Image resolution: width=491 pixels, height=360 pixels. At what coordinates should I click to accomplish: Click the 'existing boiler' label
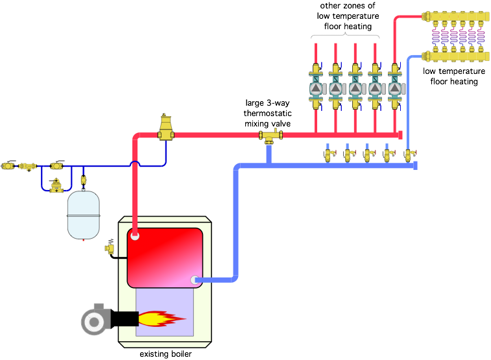point(165,354)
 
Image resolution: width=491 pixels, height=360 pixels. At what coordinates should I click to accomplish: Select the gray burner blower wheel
point(93,322)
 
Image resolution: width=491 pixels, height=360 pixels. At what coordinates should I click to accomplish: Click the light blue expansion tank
point(83,215)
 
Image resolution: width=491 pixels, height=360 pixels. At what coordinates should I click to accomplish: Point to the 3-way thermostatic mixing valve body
point(270,136)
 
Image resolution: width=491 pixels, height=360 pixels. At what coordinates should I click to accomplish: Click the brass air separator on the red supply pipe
point(165,128)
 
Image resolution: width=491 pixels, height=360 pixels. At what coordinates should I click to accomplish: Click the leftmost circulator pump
point(316,89)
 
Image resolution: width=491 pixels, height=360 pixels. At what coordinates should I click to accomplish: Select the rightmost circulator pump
point(395,89)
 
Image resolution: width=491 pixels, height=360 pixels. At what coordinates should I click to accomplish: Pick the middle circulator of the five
point(355,89)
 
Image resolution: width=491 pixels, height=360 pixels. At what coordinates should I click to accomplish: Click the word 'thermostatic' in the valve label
point(267,114)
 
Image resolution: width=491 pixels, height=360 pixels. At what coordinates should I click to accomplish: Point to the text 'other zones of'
point(347,6)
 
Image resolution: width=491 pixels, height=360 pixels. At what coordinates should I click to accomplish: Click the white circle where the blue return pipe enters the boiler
point(195,280)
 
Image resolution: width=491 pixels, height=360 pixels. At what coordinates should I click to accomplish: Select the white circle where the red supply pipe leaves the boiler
point(135,235)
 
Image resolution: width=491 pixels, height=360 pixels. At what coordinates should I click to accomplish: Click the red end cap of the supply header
point(400,135)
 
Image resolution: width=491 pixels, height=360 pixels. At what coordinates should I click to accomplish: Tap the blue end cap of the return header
point(415,165)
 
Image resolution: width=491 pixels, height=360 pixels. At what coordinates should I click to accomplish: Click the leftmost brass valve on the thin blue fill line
point(8,165)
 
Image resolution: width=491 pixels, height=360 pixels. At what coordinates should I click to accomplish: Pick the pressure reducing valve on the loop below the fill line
point(56,186)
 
